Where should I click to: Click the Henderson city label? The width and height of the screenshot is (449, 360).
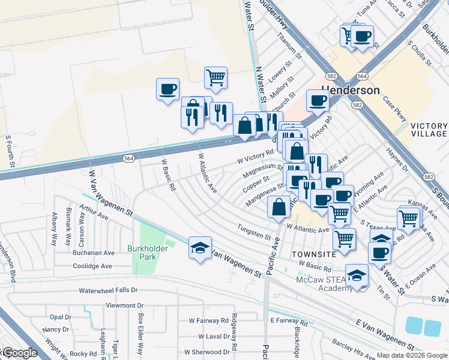pos(351,90)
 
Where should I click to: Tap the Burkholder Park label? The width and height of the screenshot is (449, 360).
pos(142,253)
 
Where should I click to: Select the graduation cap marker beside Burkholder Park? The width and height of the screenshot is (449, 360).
pos(200,248)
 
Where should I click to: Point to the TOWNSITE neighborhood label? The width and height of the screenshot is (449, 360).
pos(314,254)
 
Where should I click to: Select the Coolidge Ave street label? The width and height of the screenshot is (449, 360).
pos(92,266)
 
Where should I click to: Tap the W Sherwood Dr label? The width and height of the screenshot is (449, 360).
pos(206,352)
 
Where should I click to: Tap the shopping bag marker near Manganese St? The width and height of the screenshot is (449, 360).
pos(279,208)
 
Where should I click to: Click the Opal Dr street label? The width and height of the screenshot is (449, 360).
pos(61,317)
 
